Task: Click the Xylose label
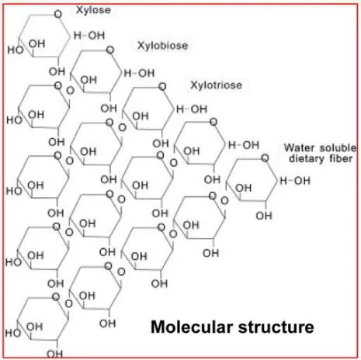(x=93, y=10)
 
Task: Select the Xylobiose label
(x=163, y=46)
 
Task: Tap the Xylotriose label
(x=217, y=85)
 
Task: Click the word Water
(x=300, y=147)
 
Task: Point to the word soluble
(x=338, y=147)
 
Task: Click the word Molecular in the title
(x=192, y=327)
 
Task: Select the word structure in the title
(x=276, y=327)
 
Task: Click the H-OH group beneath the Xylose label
(x=89, y=36)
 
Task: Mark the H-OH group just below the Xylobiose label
(x=139, y=73)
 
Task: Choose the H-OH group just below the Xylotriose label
(x=192, y=109)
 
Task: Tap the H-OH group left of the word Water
(x=244, y=145)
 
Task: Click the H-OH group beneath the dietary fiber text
(x=295, y=181)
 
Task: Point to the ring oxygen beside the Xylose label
(x=58, y=14)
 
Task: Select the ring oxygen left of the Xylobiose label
(x=110, y=50)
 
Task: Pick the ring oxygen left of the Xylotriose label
(x=162, y=86)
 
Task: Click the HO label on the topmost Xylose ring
(x=16, y=50)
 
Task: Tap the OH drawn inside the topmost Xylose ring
(x=37, y=44)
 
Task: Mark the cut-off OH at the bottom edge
(x=55, y=354)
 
